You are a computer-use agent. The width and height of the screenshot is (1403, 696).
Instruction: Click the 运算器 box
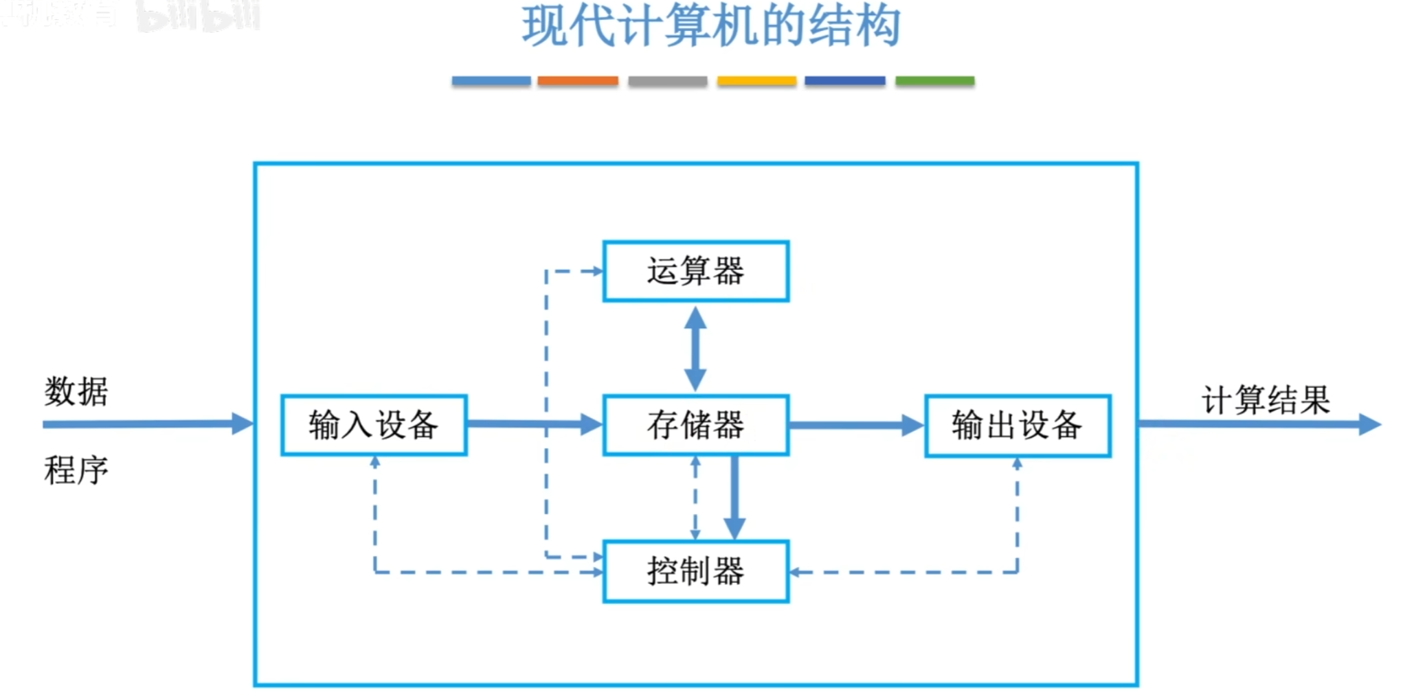[695, 270]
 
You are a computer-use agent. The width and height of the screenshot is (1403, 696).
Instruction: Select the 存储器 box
[695, 424]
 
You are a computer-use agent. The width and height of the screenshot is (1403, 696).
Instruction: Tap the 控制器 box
[695, 571]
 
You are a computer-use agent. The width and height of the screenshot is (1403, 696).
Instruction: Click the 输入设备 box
[374, 424]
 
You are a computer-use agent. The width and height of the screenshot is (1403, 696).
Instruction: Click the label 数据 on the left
[76, 391]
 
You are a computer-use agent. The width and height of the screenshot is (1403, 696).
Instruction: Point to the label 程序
[76, 470]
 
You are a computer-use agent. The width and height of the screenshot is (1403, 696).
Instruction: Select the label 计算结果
[1266, 399]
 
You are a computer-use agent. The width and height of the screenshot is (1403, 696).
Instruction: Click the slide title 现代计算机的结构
[711, 26]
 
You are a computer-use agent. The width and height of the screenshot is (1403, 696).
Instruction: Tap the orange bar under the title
[577, 81]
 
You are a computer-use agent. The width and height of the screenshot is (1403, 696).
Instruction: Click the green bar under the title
[934, 81]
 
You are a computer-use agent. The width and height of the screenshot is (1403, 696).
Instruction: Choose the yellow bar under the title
[756, 81]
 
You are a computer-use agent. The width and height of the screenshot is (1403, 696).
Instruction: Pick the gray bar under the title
[667, 81]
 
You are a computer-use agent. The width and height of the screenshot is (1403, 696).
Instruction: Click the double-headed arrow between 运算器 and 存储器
[695, 348]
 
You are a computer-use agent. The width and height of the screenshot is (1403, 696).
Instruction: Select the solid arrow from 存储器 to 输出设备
[855, 425]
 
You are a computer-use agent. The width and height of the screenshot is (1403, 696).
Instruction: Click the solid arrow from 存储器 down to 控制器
[734, 498]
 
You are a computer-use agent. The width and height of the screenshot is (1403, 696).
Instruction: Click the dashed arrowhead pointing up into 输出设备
[1017, 464]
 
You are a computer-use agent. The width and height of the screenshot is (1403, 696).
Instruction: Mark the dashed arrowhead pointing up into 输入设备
[374, 463]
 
